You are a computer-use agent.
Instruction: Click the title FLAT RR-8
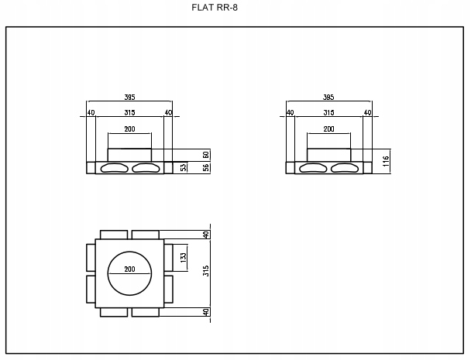coord(215,7)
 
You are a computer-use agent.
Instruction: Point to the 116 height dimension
coord(386,161)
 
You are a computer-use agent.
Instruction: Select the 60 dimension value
coord(206,155)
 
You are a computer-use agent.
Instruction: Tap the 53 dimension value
coord(184,167)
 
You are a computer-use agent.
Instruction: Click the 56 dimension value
coord(206,167)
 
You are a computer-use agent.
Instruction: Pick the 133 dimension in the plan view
coord(184,258)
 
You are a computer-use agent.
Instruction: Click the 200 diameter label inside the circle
coord(129,269)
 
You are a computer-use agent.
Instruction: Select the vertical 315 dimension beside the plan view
coord(206,271)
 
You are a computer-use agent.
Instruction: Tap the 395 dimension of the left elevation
coord(129,97)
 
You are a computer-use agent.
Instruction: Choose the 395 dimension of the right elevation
coord(328,97)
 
